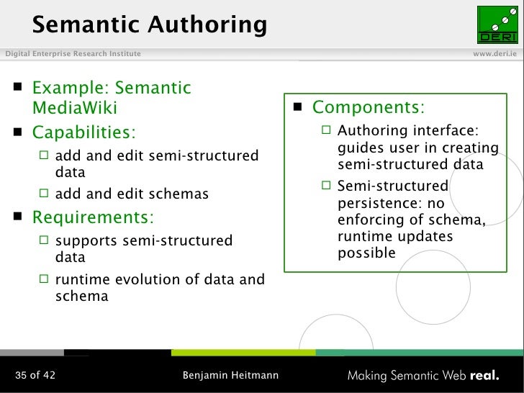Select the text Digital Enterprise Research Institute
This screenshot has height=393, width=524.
(73, 54)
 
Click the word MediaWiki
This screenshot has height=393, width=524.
(74, 109)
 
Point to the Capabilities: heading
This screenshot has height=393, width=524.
(83, 133)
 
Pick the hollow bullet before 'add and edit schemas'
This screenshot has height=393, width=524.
(45, 193)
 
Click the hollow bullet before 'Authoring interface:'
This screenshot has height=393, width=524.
(327, 130)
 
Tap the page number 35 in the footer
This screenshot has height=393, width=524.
(22, 375)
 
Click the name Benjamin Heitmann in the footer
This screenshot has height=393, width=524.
(230, 375)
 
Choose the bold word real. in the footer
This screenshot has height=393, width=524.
(485, 375)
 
